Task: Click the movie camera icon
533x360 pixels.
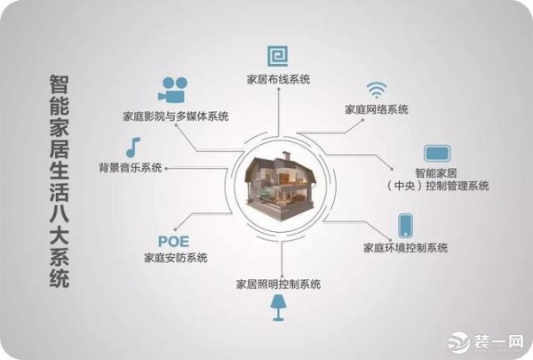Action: (173, 90)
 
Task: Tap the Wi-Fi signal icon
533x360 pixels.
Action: (377, 90)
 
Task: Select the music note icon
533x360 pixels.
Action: (132, 148)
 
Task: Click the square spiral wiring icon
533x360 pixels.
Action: (277, 56)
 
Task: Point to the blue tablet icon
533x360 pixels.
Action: (437, 154)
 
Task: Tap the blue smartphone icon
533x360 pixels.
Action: (406, 225)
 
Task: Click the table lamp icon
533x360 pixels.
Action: (278, 308)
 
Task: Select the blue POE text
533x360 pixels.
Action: (174, 242)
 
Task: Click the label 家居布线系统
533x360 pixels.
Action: (278, 80)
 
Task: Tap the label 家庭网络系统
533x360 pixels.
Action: (377, 109)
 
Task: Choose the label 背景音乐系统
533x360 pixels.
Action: (131, 167)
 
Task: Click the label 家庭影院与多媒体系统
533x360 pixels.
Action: (176, 116)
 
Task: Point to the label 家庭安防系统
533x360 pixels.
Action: (176, 258)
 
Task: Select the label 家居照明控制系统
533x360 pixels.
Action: (278, 284)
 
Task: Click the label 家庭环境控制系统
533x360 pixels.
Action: (406, 248)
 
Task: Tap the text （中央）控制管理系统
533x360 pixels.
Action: (437, 186)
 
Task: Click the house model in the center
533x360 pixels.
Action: (281, 186)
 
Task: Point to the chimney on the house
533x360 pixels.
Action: (285, 156)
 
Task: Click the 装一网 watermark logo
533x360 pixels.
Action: (486, 340)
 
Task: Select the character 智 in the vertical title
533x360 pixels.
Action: (60, 84)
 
